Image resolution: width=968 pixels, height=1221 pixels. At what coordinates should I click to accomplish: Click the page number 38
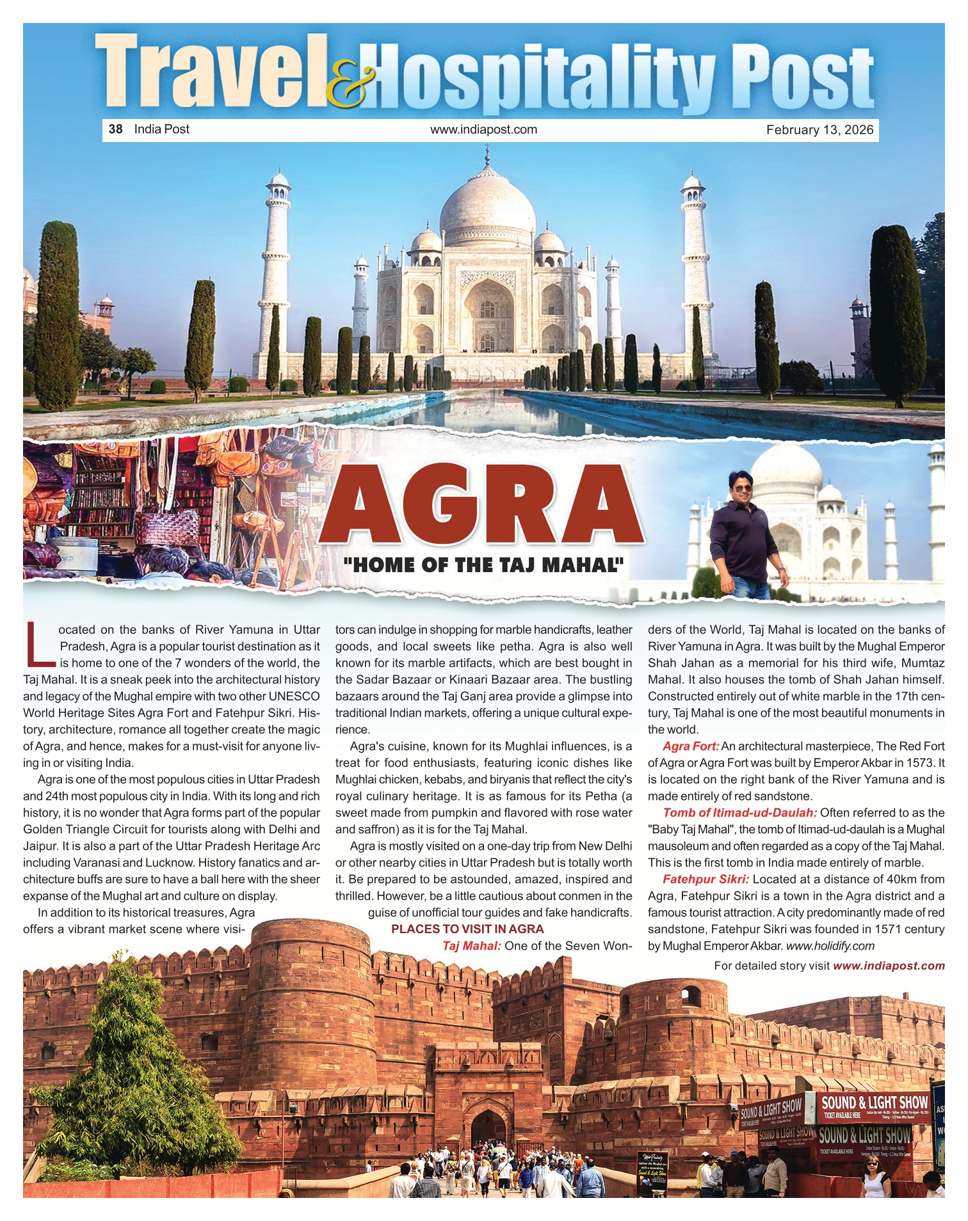point(115,129)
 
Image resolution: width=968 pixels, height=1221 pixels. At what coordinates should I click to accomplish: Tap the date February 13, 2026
point(819,130)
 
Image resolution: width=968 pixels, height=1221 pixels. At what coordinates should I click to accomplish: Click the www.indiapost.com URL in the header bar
point(483,129)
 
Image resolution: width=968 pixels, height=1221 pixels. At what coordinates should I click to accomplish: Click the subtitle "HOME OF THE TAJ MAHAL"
point(483,564)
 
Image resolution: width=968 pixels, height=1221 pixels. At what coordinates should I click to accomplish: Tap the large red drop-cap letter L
point(40,642)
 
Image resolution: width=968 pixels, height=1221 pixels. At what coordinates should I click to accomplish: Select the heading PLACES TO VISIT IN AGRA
point(467,929)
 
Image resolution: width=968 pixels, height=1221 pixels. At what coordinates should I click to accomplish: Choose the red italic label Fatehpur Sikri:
point(706,879)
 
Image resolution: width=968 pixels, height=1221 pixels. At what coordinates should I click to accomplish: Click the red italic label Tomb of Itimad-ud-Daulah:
point(739,813)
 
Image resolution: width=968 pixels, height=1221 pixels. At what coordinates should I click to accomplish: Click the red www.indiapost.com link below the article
point(889,966)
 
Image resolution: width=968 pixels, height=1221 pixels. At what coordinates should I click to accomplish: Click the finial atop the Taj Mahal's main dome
point(487,155)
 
